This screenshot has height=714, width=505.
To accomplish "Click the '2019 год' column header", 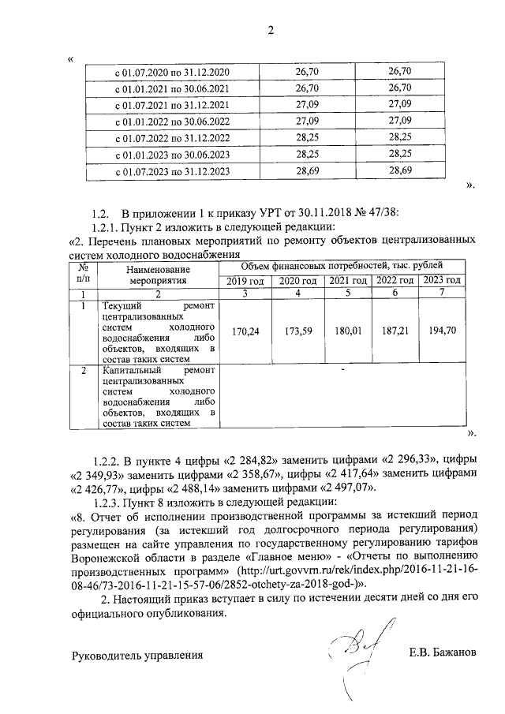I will pyautogui.click(x=245, y=281).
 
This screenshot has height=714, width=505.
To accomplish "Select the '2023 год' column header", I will pyautogui.click(x=442, y=281).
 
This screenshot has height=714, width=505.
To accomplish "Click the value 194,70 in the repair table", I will pyautogui.click(x=442, y=332).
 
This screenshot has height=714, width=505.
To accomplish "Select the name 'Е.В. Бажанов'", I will pyautogui.click(x=443, y=654).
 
